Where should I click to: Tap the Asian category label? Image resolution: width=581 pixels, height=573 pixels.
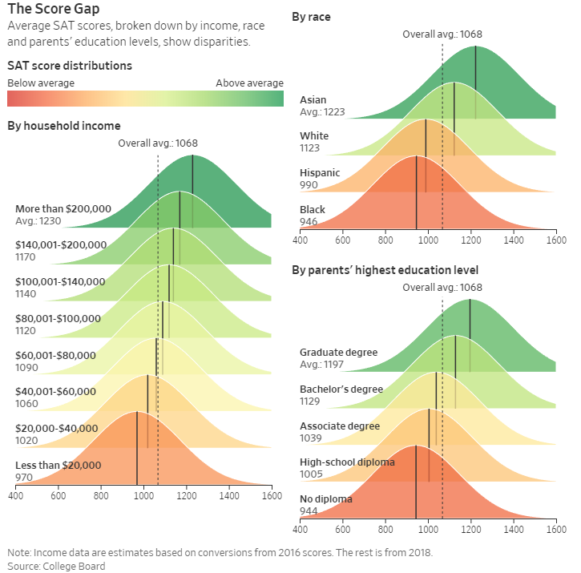tap(313, 100)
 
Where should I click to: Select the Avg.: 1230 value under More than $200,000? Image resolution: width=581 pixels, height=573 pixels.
tap(38, 220)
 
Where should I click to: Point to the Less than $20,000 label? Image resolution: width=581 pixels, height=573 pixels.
tap(59, 465)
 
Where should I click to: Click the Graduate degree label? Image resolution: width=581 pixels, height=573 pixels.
tap(338, 352)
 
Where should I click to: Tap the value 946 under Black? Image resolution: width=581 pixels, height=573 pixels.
tap(309, 222)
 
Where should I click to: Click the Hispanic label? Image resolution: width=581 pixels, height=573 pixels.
tap(320, 173)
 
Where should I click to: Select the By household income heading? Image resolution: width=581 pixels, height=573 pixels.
tap(64, 126)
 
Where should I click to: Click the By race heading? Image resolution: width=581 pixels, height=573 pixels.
tap(311, 17)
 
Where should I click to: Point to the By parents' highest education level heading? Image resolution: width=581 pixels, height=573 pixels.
tap(385, 270)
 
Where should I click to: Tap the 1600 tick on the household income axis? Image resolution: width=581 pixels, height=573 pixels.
tap(272, 495)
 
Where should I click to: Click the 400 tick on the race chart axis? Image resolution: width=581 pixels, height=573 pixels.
tap(301, 240)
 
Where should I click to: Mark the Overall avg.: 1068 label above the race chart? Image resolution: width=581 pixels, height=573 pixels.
tap(442, 34)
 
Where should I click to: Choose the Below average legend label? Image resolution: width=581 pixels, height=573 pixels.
tap(41, 83)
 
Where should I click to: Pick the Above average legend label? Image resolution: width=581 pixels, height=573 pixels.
tap(249, 83)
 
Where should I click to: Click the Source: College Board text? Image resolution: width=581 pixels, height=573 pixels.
tap(56, 566)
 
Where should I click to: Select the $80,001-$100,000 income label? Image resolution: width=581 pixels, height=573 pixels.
tap(59, 318)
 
